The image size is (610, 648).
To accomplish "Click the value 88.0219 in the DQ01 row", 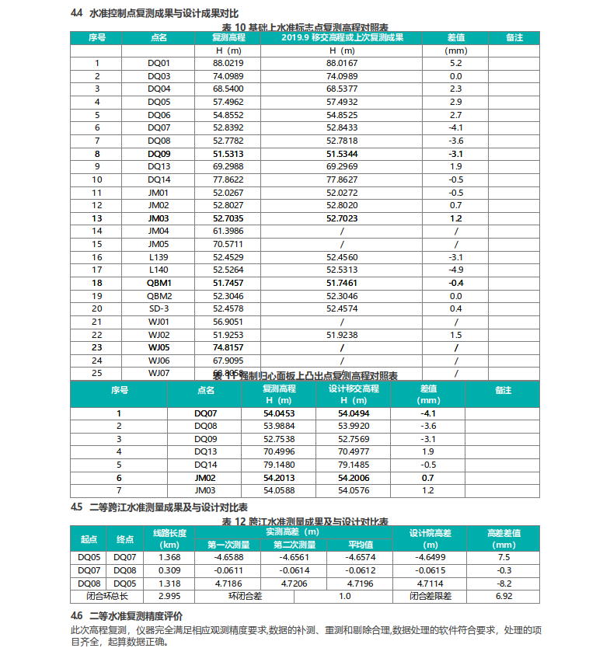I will click(228, 63).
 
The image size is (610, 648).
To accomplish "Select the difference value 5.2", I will click(455, 63).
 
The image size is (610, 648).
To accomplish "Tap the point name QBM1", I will click(159, 283).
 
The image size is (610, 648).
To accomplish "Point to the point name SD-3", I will click(159, 308).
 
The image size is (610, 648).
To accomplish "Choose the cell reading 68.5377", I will click(342, 89).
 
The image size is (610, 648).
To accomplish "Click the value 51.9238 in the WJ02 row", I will click(342, 334).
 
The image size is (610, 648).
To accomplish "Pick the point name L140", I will click(159, 270).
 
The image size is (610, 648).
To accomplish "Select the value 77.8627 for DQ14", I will click(342, 179).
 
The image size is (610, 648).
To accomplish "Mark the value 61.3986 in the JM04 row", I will click(228, 232).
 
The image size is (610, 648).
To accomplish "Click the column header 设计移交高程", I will click(354, 388).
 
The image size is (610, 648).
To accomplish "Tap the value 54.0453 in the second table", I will click(278, 414).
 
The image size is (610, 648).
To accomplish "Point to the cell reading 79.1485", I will click(354, 465).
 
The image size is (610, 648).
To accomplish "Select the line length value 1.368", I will click(169, 557).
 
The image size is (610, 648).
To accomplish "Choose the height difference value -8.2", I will click(504, 583).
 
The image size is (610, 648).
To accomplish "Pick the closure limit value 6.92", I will click(504, 596).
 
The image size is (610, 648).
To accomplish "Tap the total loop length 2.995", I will click(169, 596).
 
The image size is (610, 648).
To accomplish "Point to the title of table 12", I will click(305, 521).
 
